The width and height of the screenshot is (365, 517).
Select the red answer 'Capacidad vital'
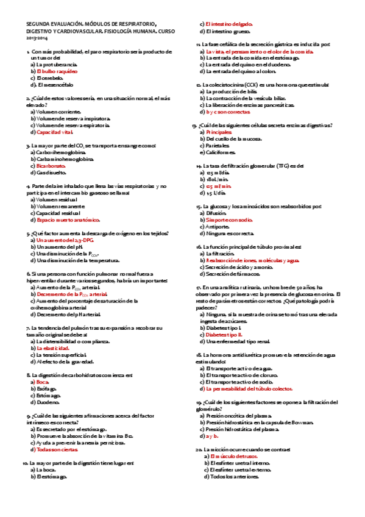pos(55,132)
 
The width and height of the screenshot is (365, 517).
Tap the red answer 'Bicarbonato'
pos(53,165)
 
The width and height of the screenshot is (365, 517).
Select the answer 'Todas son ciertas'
pos(57,449)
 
